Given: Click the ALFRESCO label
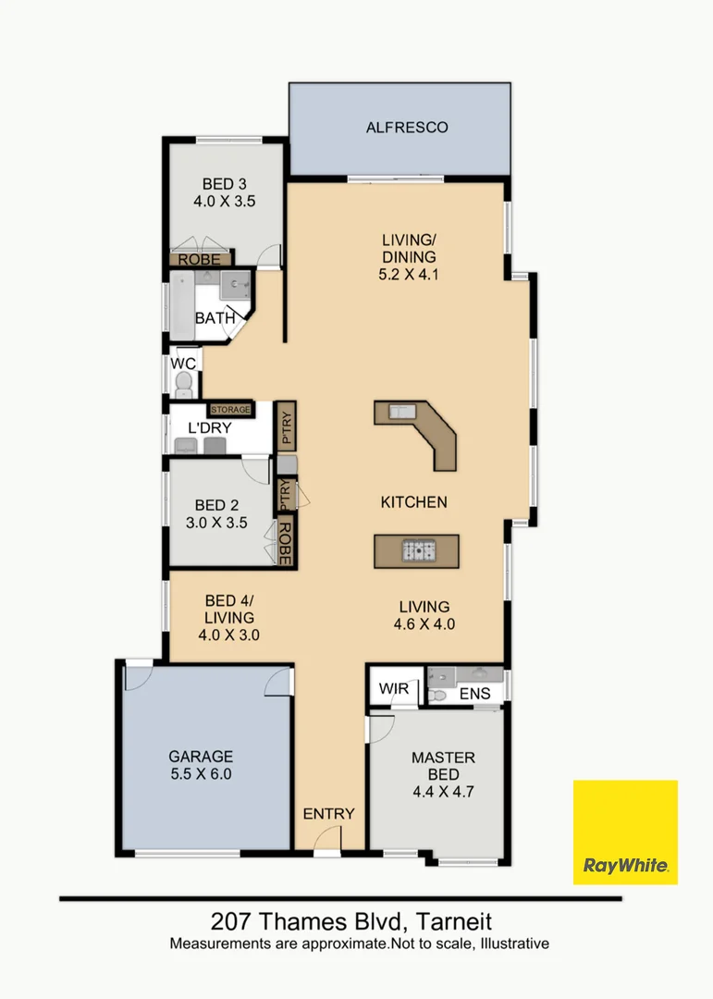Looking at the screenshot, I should [x=407, y=128].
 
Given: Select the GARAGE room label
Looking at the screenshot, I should [x=201, y=756].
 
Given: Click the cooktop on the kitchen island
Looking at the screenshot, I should [x=416, y=551].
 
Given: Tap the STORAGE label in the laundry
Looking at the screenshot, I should [x=230, y=409].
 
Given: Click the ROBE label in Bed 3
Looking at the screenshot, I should [x=200, y=260].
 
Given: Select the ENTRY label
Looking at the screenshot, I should [x=329, y=814].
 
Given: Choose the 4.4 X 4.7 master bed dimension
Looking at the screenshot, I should [x=444, y=792].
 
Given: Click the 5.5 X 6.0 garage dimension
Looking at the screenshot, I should [x=201, y=773].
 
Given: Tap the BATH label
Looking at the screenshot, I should [x=215, y=319].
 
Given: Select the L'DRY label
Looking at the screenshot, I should [x=209, y=428].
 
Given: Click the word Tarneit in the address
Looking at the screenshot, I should [x=453, y=921].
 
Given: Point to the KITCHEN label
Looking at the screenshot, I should [x=414, y=502].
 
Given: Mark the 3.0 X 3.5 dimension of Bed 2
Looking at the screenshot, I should [x=217, y=523].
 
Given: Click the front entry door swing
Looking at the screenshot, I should [x=326, y=839].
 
